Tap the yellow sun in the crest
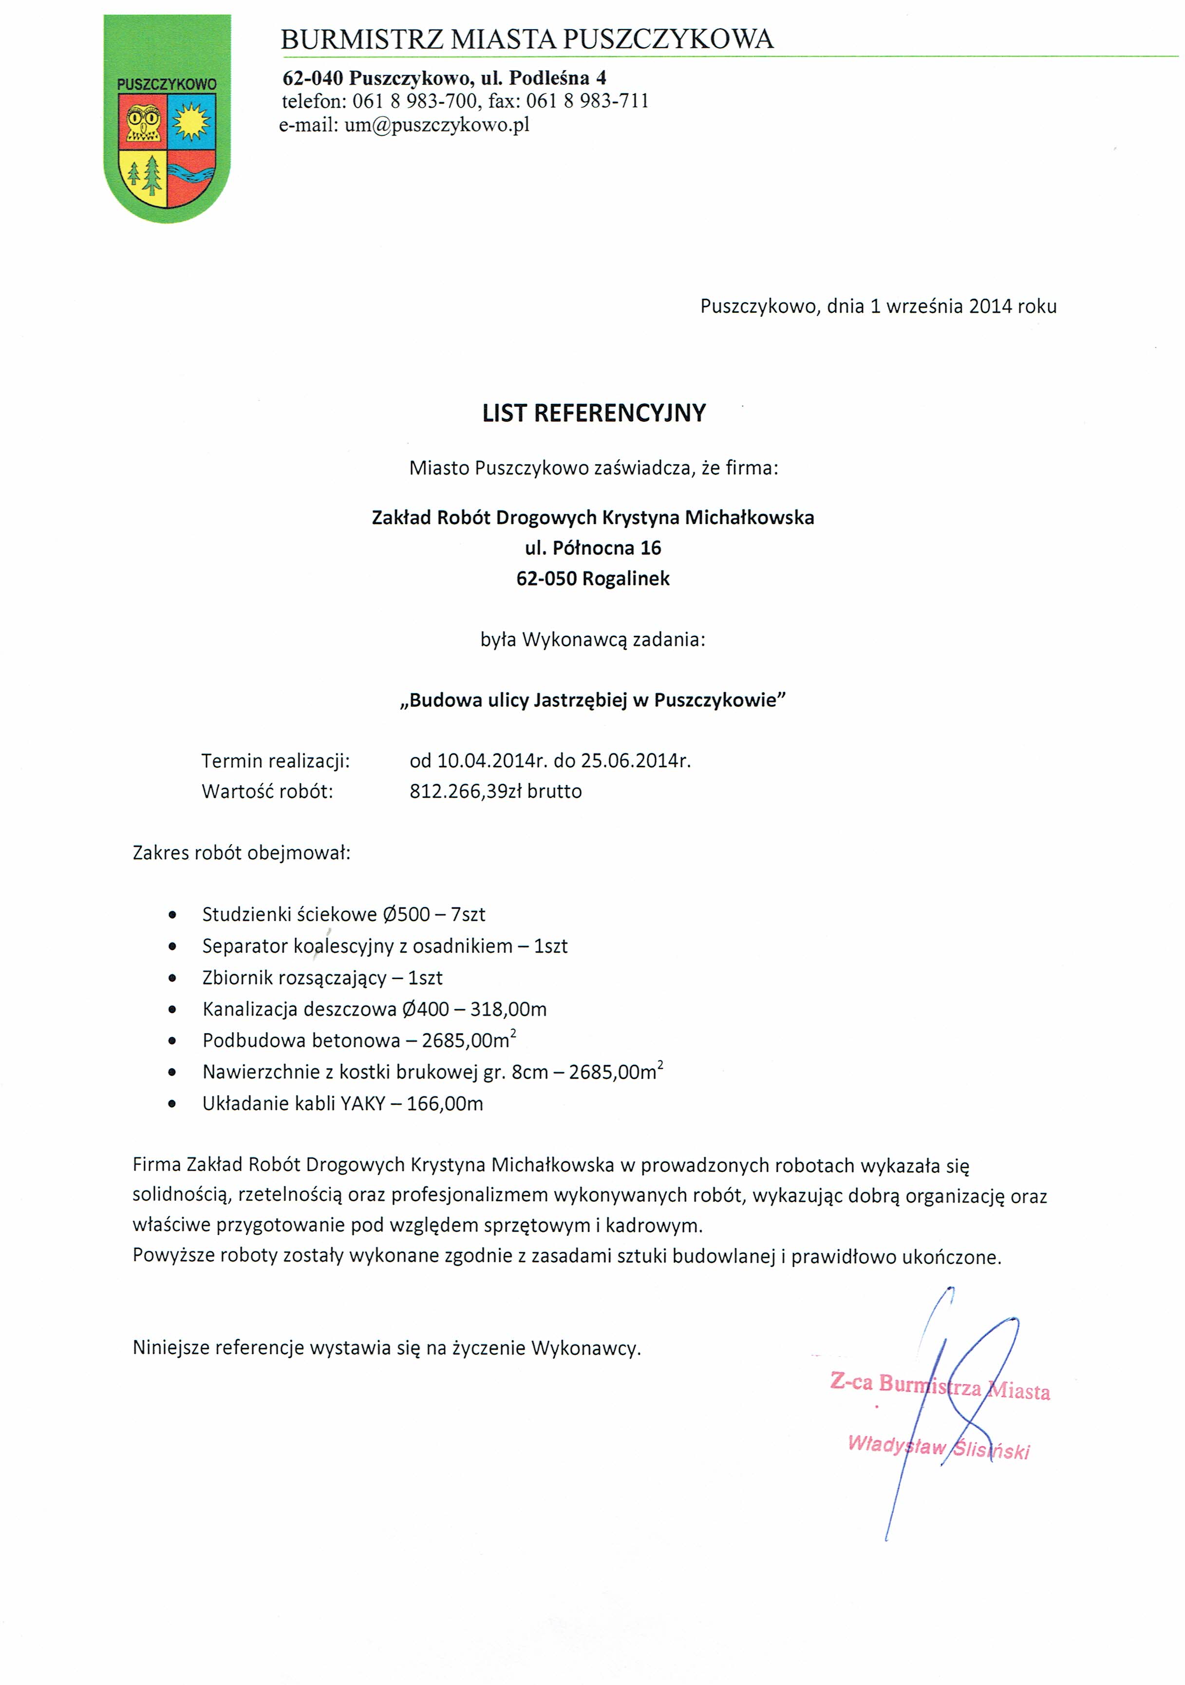point(192,121)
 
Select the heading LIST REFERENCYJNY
point(594,413)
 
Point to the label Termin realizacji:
point(276,761)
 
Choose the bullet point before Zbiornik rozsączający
point(172,978)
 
